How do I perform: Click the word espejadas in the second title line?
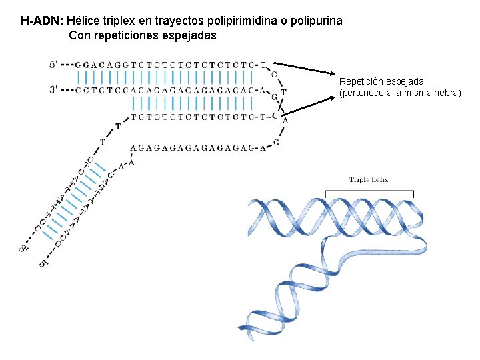189,35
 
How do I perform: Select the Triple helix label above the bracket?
368,179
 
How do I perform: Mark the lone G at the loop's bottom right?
276,142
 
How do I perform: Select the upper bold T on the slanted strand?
118,125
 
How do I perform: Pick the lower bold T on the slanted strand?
103,141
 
